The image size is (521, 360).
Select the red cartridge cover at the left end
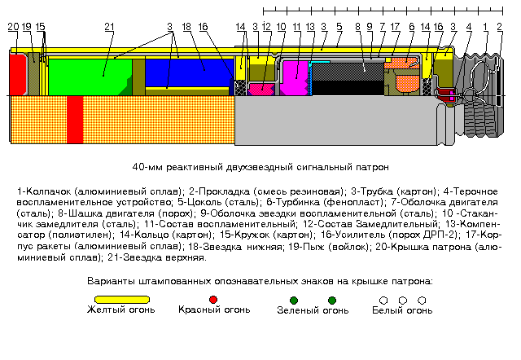tap(17, 74)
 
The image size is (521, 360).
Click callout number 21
tap(109, 27)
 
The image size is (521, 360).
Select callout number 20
tap(13, 27)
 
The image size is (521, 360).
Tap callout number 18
tap(186, 27)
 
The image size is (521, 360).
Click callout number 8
tap(358, 27)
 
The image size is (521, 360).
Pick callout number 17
tap(395, 27)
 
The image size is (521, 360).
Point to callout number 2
tap(499, 27)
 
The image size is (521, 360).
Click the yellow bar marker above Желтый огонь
tap(121, 300)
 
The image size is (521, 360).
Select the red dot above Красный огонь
tap(213, 300)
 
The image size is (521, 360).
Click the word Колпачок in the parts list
tap(46, 191)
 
